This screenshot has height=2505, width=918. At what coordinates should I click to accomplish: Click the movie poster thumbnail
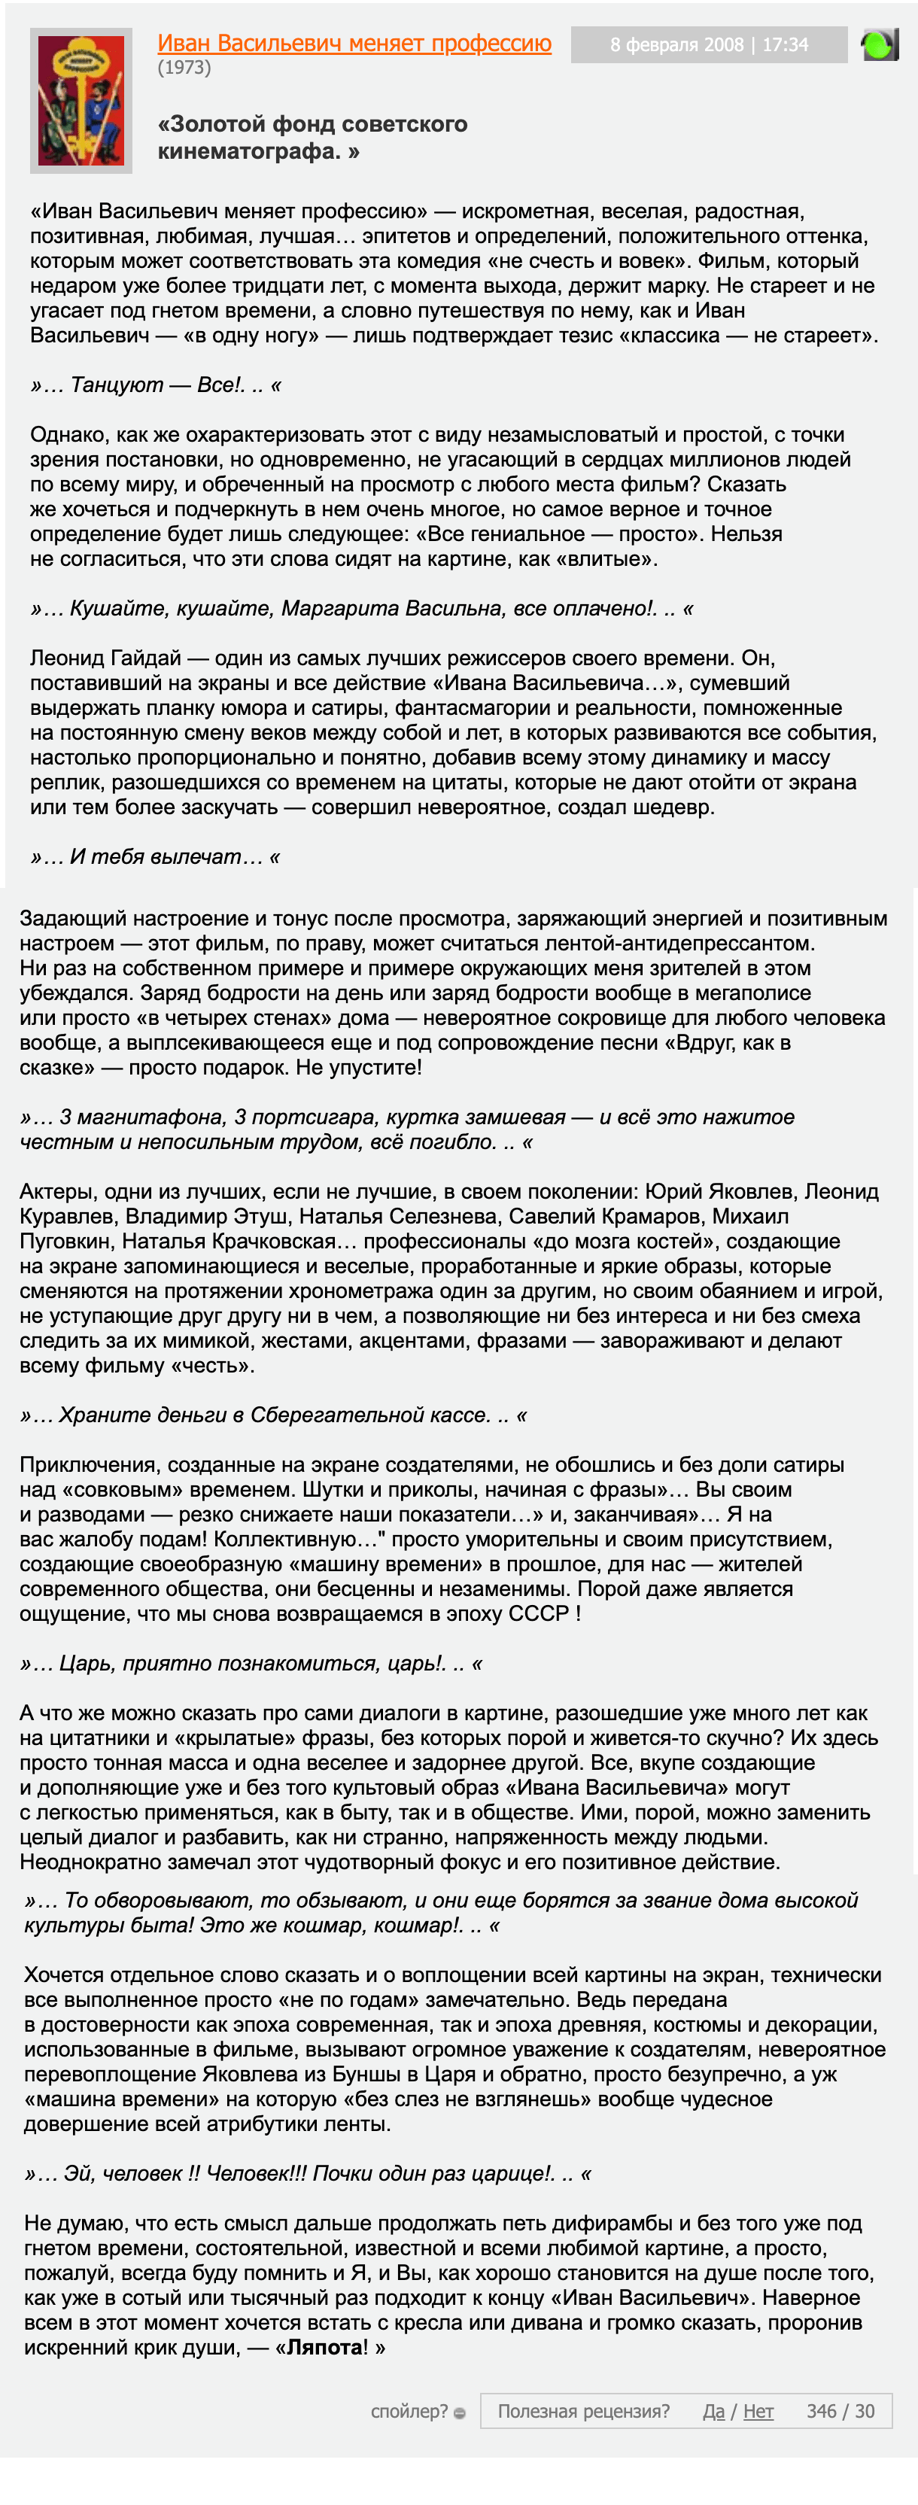coord(81,100)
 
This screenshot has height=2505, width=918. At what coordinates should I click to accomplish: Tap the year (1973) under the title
coord(184,68)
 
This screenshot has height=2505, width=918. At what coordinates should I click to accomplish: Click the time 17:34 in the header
coord(786,44)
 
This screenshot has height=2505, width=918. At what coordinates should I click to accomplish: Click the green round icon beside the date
coord(878,44)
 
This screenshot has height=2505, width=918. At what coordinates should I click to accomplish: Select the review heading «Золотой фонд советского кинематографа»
coord(312,137)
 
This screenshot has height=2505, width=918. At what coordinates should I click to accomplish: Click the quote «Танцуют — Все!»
coord(156,385)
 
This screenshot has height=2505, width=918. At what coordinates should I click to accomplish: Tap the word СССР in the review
coord(539,1613)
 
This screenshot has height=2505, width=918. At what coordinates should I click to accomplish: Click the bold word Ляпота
coord(325,2348)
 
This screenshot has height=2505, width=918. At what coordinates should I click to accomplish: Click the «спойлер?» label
coord(409,2411)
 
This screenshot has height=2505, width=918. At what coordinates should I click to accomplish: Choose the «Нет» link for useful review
coord(758,2411)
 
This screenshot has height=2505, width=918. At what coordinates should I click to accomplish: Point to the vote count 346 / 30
coord(840,2411)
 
